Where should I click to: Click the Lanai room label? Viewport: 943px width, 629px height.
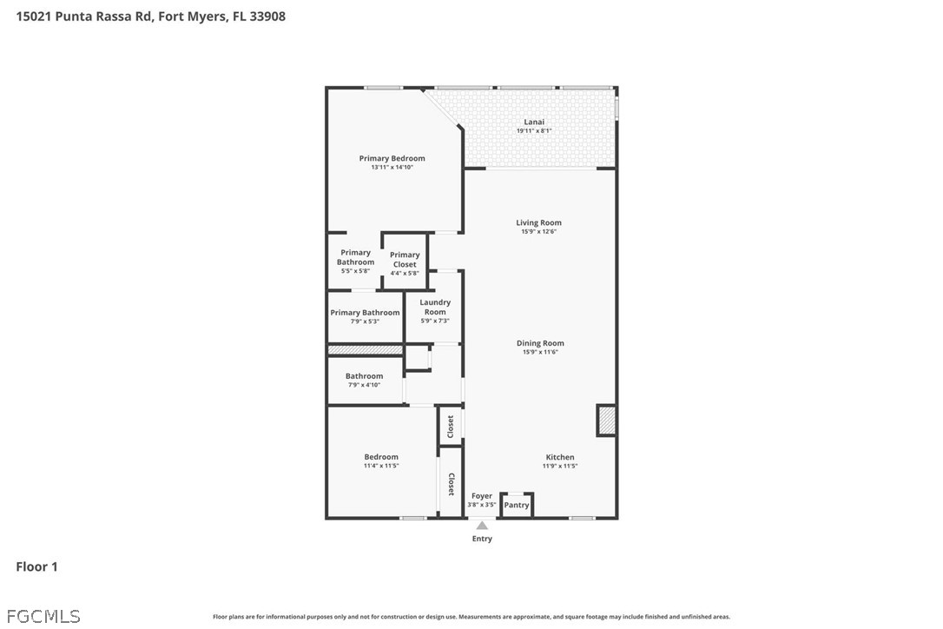(x=534, y=122)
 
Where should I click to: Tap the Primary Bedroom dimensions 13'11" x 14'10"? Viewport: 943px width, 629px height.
(x=392, y=168)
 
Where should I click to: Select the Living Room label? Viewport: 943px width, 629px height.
(x=539, y=222)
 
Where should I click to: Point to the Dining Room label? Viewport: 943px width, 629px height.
(x=540, y=343)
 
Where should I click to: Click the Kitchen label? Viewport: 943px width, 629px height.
(x=560, y=457)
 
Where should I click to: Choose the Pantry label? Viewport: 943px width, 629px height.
(x=517, y=505)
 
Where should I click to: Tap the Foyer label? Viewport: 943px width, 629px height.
(x=482, y=496)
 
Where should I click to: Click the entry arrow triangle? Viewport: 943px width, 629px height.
(x=482, y=526)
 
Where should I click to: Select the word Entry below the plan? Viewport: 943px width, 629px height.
(x=482, y=539)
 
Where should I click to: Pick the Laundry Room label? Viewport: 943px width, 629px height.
(x=435, y=307)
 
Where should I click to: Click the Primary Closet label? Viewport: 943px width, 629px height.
(x=405, y=260)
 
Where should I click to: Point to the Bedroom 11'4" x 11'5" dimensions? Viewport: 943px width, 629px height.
(x=381, y=466)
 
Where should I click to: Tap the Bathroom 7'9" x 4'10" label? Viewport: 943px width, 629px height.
(x=365, y=380)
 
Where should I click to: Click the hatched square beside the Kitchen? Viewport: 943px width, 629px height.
(x=606, y=420)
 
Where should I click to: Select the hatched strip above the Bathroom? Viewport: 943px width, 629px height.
(x=365, y=350)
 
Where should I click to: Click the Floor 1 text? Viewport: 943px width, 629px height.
(x=36, y=566)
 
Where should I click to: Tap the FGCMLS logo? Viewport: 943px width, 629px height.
(x=43, y=616)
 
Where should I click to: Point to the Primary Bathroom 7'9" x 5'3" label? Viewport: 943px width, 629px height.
(x=365, y=316)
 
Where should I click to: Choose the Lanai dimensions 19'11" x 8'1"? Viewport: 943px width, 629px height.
(x=534, y=130)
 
